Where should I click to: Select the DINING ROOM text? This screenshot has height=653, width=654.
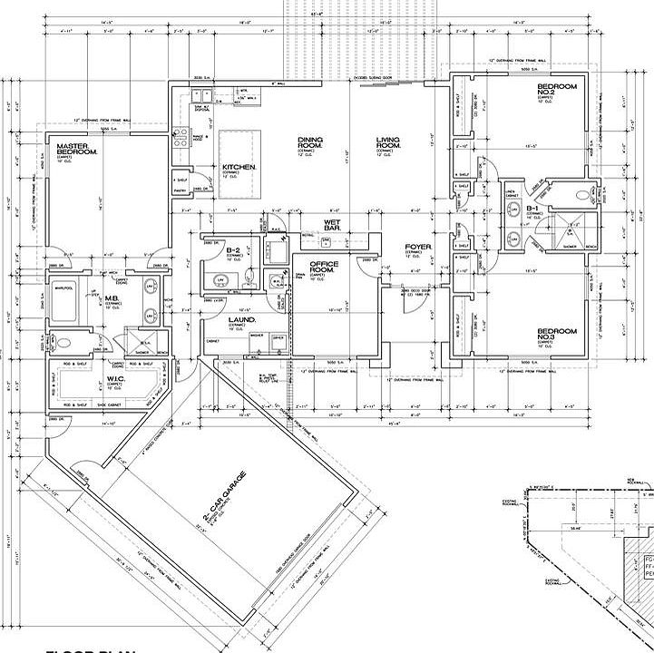(311, 142)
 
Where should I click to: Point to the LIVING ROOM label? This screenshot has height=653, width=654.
(389, 142)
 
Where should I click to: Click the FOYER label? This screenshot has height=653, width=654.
(418, 247)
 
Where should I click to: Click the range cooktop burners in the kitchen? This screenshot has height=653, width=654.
(181, 137)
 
